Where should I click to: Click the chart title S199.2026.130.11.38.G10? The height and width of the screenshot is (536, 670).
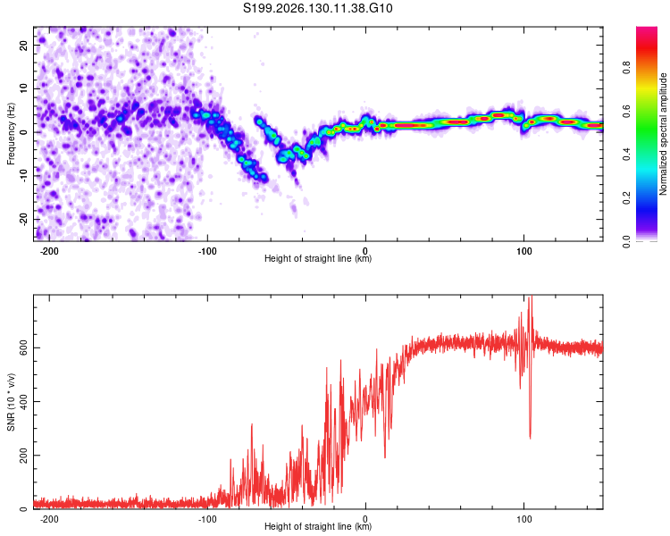click(x=317, y=8)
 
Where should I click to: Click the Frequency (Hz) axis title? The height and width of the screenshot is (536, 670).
click(x=11, y=134)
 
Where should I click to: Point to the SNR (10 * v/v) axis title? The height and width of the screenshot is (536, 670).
click(x=11, y=402)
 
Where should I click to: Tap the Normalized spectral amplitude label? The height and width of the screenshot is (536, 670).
click(x=663, y=134)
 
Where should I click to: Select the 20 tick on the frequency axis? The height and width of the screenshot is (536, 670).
click(x=23, y=45)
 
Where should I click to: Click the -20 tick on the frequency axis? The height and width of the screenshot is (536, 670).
click(x=23, y=220)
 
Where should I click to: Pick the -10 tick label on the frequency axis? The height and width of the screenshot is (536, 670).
click(x=23, y=176)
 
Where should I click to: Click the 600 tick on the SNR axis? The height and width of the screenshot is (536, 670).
click(x=23, y=348)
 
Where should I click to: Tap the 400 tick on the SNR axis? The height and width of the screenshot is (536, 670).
click(x=23, y=402)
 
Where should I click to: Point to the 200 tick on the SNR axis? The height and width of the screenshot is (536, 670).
click(x=23, y=456)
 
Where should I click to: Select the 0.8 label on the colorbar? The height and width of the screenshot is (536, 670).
click(x=626, y=68)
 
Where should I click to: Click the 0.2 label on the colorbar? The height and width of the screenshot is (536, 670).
click(x=626, y=198)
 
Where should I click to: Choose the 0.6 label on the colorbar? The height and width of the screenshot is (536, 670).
click(x=626, y=111)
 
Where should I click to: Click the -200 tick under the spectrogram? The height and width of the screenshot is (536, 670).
click(x=49, y=251)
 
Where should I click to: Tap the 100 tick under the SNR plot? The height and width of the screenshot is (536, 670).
click(x=523, y=519)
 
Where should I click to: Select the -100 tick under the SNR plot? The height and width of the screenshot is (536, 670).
click(x=207, y=519)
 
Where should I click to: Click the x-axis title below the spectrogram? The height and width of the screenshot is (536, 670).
click(x=318, y=258)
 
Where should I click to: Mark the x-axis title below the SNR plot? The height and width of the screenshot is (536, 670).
click(x=318, y=526)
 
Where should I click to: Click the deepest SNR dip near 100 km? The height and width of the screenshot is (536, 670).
click(x=531, y=438)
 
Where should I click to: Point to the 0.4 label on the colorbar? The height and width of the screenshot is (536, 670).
click(x=626, y=155)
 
